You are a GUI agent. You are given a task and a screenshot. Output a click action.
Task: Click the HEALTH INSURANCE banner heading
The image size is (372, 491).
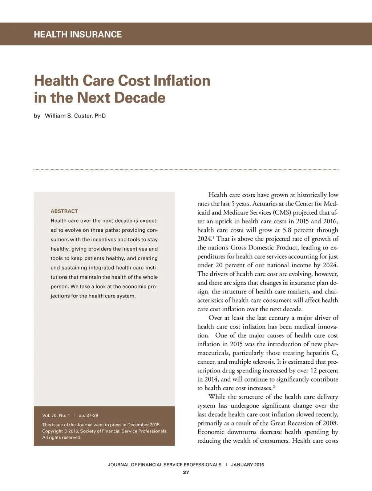(78, 35)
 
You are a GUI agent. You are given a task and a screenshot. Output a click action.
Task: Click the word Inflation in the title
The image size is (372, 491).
(182, 81)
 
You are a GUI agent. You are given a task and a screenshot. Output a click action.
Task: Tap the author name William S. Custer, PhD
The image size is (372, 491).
(75, 116)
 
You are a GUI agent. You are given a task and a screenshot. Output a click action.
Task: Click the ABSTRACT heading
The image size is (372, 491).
(64, 211)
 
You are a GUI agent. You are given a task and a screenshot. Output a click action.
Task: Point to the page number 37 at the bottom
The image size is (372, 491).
(186, 472)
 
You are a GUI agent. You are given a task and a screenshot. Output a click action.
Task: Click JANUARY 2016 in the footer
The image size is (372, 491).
(247, 464)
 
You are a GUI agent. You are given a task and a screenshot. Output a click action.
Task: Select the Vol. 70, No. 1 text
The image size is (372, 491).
(56, 415)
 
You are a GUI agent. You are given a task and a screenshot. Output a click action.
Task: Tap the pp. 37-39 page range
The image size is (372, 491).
(88, 415)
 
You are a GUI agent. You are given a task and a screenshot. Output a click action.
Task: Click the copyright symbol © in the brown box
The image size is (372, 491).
(66, 431)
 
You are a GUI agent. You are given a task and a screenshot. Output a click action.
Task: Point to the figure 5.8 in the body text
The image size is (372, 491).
(287, 230)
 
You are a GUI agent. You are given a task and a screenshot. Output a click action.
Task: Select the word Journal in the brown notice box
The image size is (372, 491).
(85, 425)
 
